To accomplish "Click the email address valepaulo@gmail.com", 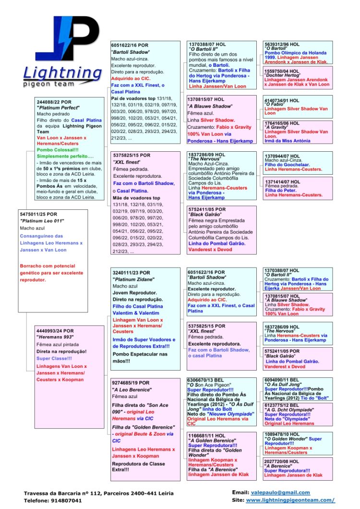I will [280, 492].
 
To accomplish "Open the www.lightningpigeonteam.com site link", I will [290, 500].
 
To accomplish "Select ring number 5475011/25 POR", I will [38, 214].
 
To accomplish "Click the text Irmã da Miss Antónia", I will [287, 141].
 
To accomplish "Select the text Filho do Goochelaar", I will [287, 165].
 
